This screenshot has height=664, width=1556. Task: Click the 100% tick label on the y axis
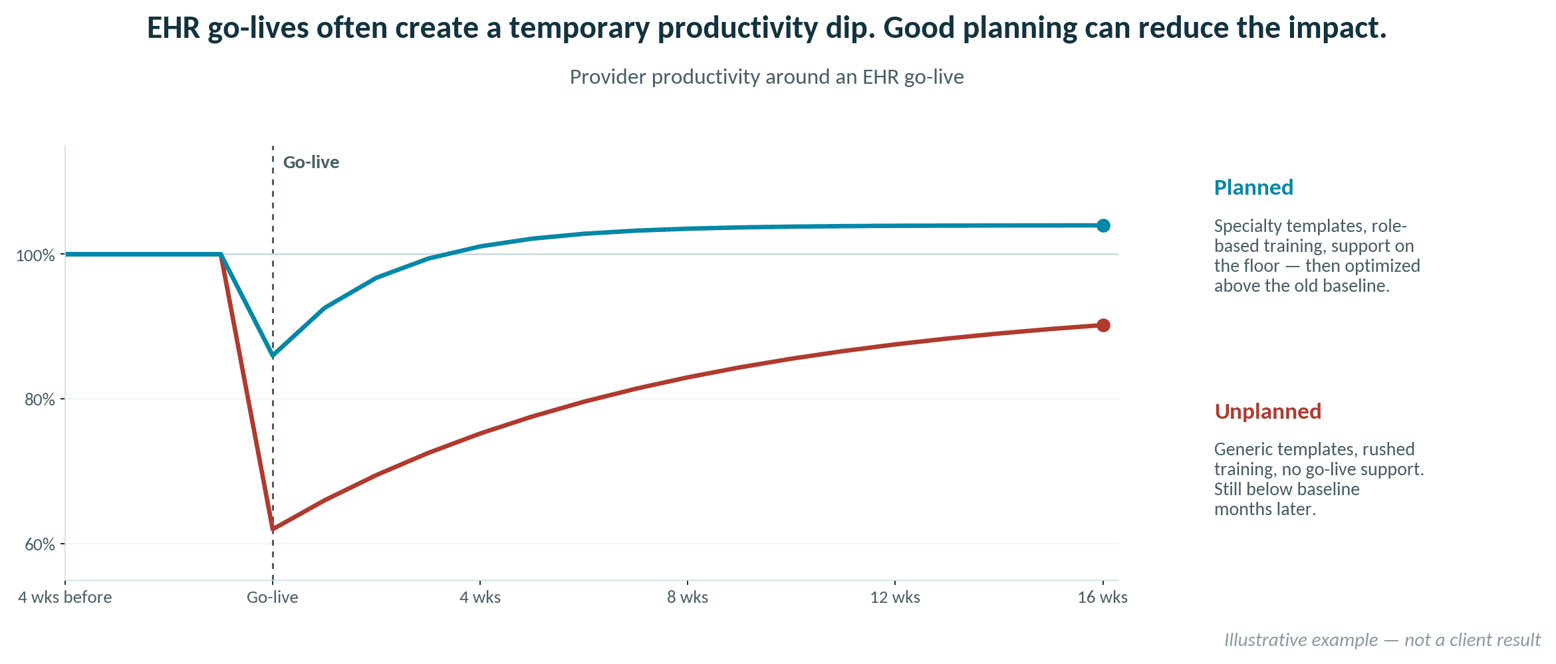point(35,256)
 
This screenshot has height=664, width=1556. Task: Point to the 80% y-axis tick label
point(40,400)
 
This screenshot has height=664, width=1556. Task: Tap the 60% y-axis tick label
point(40,545)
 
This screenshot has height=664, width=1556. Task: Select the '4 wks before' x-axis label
point(65,598)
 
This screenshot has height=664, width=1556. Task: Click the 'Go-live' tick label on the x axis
point(273,598)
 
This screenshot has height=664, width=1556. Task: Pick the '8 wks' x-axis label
point(688,598)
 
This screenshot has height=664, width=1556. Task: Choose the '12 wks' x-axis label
point(895,598)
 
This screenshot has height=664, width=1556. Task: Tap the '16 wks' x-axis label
point(1102,598)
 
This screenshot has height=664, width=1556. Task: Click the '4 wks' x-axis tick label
point(480,598)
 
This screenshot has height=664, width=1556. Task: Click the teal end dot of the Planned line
point(1103,226)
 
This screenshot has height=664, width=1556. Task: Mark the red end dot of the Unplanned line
point(1103,325)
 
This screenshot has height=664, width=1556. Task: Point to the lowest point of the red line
point(273,529)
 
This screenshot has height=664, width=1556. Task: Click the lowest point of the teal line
point(273,356)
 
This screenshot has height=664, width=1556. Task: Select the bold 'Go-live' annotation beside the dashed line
point(311,163)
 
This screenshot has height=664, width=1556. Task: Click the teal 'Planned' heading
point(1253,187)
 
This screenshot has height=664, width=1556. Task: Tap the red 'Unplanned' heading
point(1267,411)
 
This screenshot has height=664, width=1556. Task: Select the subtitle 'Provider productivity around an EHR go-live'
point(767,77)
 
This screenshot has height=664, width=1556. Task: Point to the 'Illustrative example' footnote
point(1382,640)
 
